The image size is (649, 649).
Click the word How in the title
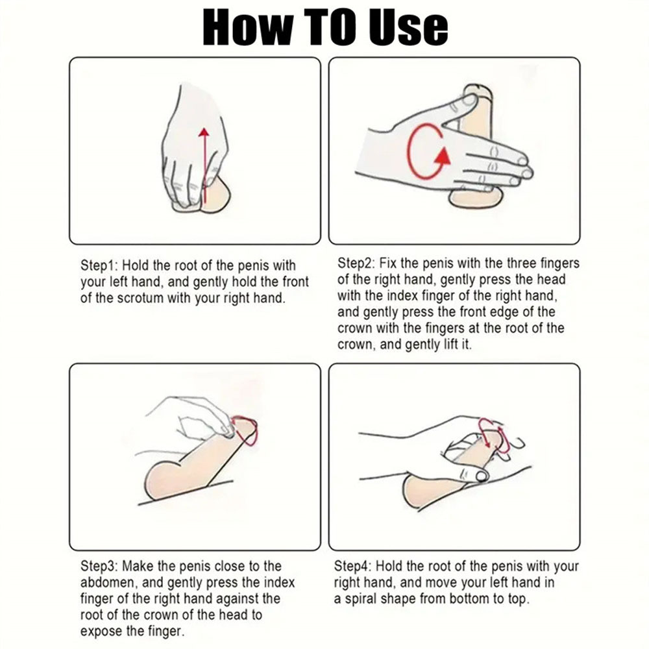pos(247,27)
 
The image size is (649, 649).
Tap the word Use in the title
pos(408,27)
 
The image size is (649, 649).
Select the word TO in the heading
pos(330,27)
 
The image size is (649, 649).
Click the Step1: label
pos(99,265)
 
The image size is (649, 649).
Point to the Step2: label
pos(356,263)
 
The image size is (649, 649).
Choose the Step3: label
pos(99,566)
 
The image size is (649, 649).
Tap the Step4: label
pos(353,566)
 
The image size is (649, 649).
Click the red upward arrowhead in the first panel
pos(204,132)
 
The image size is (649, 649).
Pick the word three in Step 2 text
pos(522,263)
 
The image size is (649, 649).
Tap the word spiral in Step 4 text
pos(360,599)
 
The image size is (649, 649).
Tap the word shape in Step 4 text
pos(398,599)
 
